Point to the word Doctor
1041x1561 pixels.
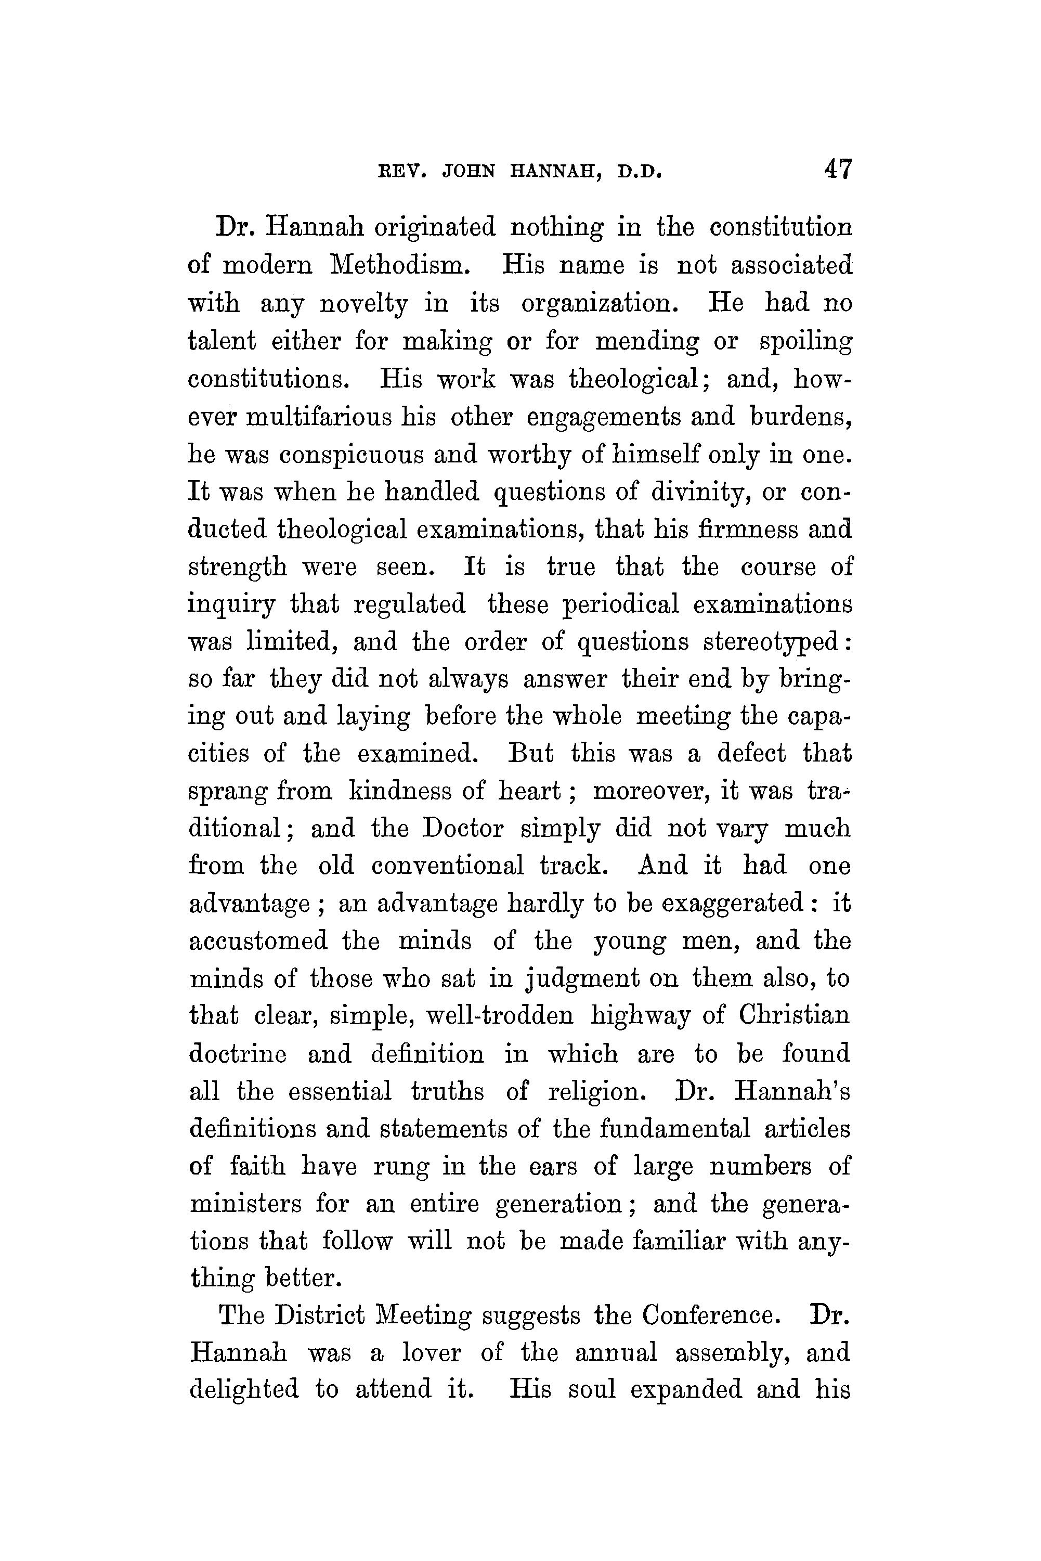point(463,829)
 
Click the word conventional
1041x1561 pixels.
point(448,866)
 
